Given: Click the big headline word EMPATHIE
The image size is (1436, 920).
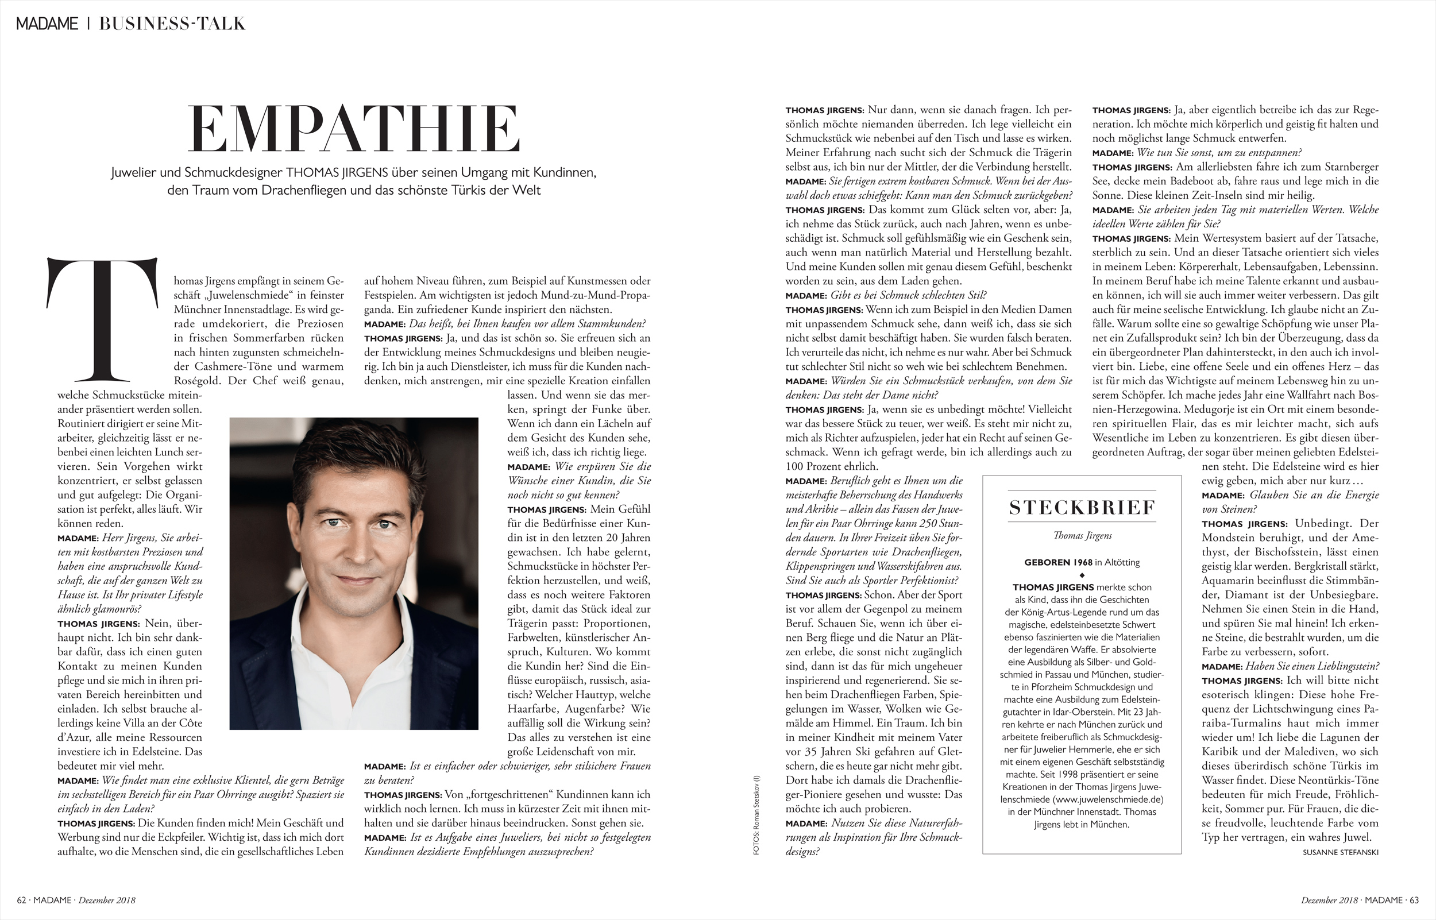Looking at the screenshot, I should pyautogui.click(x=354, y=130).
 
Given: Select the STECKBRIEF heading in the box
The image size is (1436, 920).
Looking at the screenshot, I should pyautogui.click(x=1082, y=507).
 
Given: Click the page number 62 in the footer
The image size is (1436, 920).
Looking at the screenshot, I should pyautogui.click(x=21, y=900).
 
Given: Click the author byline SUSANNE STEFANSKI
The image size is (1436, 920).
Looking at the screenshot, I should pyautogui.click(x=1341, y=852).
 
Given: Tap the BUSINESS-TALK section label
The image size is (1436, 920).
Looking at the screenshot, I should pyautogui.click(x=172, y=24).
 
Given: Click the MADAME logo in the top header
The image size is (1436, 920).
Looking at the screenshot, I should pyautogui.click(x=47, y=24).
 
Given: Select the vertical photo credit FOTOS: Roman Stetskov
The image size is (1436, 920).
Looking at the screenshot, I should pyautogui.click(x=756, y=815).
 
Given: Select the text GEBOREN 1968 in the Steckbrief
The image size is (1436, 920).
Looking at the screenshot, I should pyautogui.click(x=1058, y=562).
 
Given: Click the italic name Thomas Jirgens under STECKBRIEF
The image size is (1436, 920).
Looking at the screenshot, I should pyautogui.click(x=1082, y=535).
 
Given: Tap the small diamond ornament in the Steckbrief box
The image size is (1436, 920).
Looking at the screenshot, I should pyautogui.click(x=1082, y=575).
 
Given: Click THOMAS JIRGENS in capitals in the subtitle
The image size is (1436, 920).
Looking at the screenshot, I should pyautogui.click(x=337, y=173).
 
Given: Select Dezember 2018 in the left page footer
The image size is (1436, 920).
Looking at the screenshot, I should pyautogui.click(x=106, y=900).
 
